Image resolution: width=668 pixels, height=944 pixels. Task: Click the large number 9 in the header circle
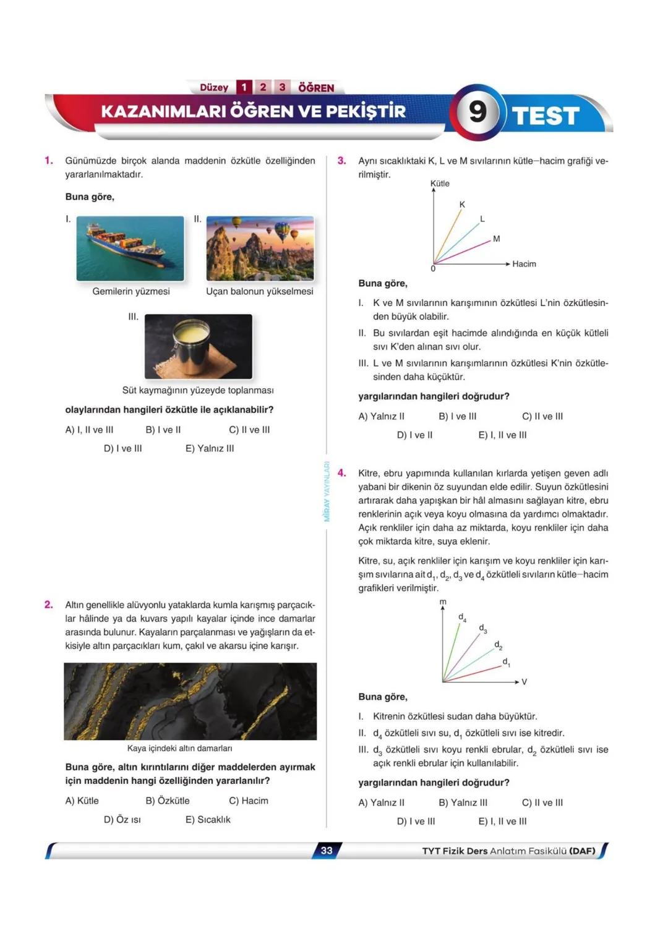point(477,111)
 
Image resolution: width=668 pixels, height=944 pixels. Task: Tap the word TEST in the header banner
point(546,116)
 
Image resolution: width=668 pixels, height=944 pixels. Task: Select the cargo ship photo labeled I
point(130,249)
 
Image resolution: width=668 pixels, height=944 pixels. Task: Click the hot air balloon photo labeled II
point(260,249)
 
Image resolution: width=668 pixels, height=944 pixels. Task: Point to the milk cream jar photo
point(198,346)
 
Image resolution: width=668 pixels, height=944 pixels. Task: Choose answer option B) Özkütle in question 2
point(168,801)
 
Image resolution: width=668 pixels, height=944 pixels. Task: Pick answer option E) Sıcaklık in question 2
point(208,819)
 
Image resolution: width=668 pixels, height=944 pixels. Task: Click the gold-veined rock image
point(190,701)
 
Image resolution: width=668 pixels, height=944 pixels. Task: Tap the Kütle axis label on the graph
point(440,184)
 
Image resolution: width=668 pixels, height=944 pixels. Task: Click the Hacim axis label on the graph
point(524,264)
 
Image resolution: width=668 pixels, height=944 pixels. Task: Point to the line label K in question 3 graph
point(462,205)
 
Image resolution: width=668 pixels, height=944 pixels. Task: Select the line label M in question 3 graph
point(496,239)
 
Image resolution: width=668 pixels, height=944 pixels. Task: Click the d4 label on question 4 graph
point(462,617)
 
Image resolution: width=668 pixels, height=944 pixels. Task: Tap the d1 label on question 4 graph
point(506,662)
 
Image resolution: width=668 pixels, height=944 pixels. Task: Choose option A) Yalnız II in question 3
point(381,416)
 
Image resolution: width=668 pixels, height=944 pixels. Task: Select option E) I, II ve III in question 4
point(502,821)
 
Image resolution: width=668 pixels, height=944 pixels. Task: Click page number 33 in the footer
point(327,851)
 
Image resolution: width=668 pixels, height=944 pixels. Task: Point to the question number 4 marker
point(341,473)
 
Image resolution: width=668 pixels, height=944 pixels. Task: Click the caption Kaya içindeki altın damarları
point(179,748)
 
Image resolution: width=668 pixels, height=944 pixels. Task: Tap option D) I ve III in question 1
point(122,448)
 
